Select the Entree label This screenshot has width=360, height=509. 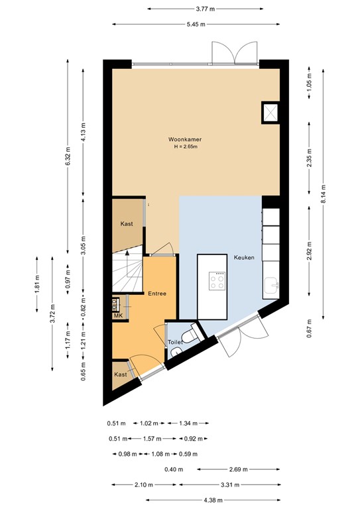[157, 294]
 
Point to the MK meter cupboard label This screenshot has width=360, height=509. [118, 316]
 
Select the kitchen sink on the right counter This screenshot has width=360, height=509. [272, 286]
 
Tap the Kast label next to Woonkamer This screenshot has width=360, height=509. [127, 224]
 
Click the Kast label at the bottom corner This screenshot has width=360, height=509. [120, 374]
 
